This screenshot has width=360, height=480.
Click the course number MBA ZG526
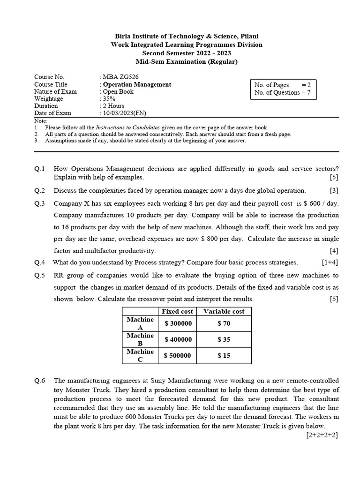point(120,77)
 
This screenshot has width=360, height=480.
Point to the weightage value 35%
point(109,99)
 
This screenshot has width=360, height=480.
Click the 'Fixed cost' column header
point(178,311)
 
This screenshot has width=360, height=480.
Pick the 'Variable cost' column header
point(224,311)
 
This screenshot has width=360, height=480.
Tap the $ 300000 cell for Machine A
point(178,323)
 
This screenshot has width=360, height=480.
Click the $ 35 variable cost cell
point(224,339)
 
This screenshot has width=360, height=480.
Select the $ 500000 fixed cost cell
point(178,355)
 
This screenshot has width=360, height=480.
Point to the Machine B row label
point(140,339)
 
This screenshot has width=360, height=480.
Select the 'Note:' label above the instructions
point(41,120)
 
